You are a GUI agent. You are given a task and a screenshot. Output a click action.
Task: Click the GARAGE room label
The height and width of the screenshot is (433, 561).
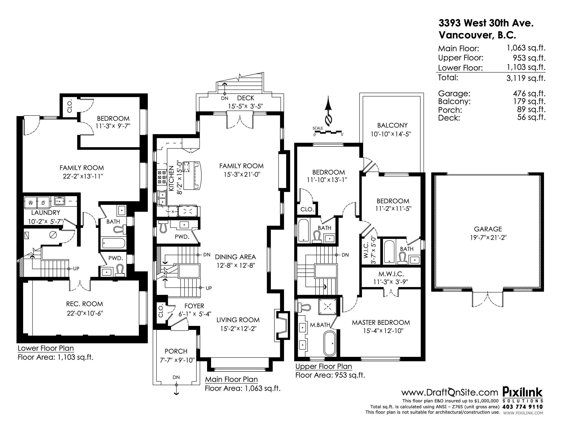488,229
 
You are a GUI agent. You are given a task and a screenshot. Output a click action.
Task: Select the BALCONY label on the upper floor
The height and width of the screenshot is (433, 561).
392,125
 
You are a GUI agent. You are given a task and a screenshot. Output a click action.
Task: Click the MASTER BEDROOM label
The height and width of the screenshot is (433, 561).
381,322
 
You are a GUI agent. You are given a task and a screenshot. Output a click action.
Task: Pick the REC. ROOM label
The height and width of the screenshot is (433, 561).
85,304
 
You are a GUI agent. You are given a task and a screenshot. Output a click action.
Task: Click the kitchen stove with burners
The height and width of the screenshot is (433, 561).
162,177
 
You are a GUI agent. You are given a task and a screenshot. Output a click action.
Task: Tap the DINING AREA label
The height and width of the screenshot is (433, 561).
235,257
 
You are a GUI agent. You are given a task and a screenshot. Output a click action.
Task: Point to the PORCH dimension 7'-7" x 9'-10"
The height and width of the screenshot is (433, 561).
177,360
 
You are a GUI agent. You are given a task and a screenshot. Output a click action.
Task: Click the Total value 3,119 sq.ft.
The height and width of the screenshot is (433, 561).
526,78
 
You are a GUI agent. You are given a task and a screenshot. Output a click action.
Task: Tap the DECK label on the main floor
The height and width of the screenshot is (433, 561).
246,98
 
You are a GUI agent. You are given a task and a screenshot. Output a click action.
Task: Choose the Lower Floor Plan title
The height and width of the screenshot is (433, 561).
46,348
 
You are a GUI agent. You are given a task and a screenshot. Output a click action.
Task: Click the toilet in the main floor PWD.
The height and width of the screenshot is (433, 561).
163,227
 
